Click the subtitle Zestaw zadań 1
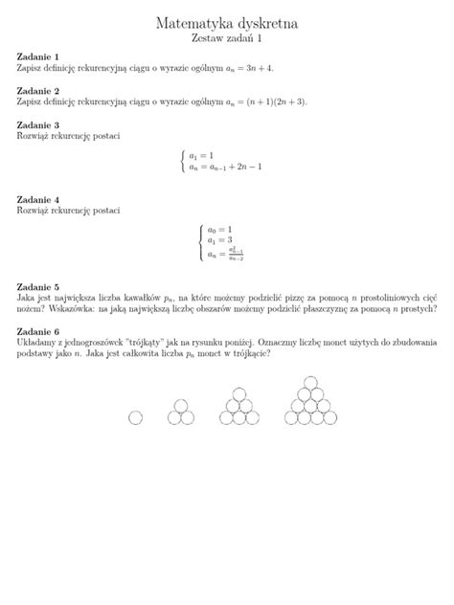coord(226,39)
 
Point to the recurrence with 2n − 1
coord(230,167)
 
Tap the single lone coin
coord(135,417)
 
